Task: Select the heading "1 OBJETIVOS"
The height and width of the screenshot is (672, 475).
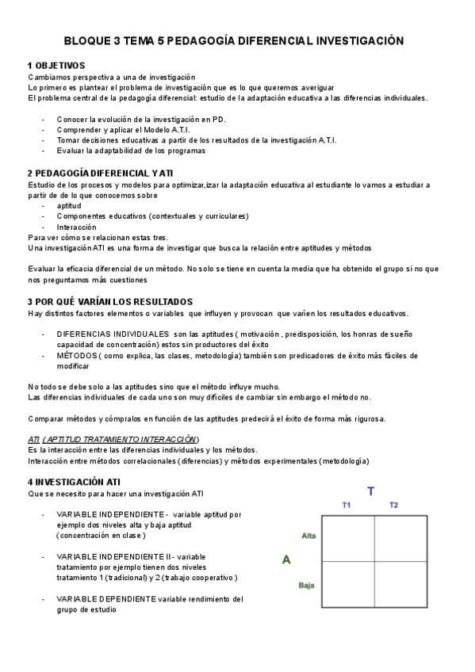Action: pos(56,65)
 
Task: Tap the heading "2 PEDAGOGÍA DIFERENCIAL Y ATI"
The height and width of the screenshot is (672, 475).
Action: pos(100,173)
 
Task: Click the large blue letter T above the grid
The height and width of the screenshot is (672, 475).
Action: pos(370,491)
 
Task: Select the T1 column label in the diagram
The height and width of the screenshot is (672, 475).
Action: pos(347,506)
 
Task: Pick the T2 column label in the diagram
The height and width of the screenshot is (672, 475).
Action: pos(394,506)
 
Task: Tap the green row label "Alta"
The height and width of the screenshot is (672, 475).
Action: pos(308,536)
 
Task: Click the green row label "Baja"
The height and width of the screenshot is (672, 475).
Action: pos(307,586)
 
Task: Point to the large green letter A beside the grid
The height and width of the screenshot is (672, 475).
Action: pos(286,560)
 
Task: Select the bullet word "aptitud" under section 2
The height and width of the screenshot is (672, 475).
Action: pos(69,205)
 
